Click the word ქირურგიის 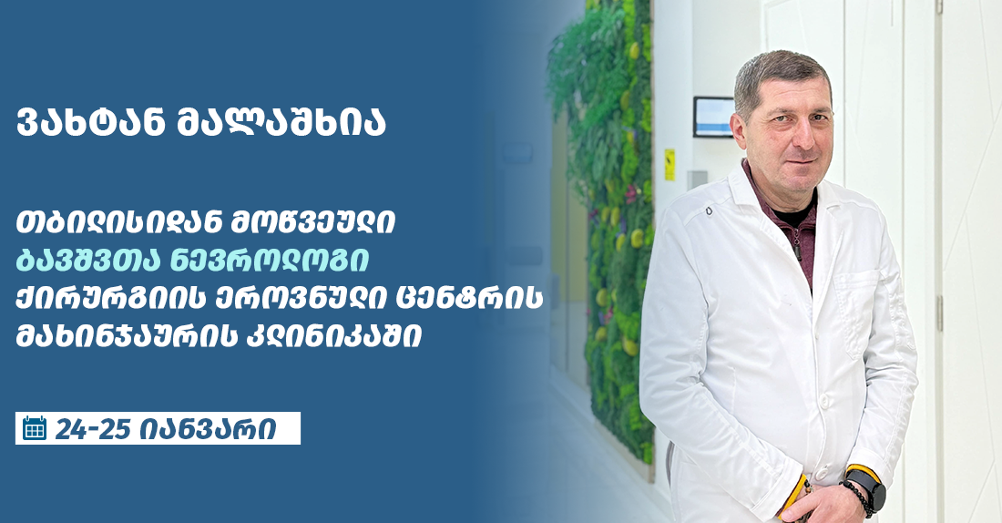click(x=104, y=299)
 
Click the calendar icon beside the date click(x=35, y=428)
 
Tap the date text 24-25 click(x=92, y=428)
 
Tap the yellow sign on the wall click(x=670, y=164)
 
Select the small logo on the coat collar click(x=708, y=211)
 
